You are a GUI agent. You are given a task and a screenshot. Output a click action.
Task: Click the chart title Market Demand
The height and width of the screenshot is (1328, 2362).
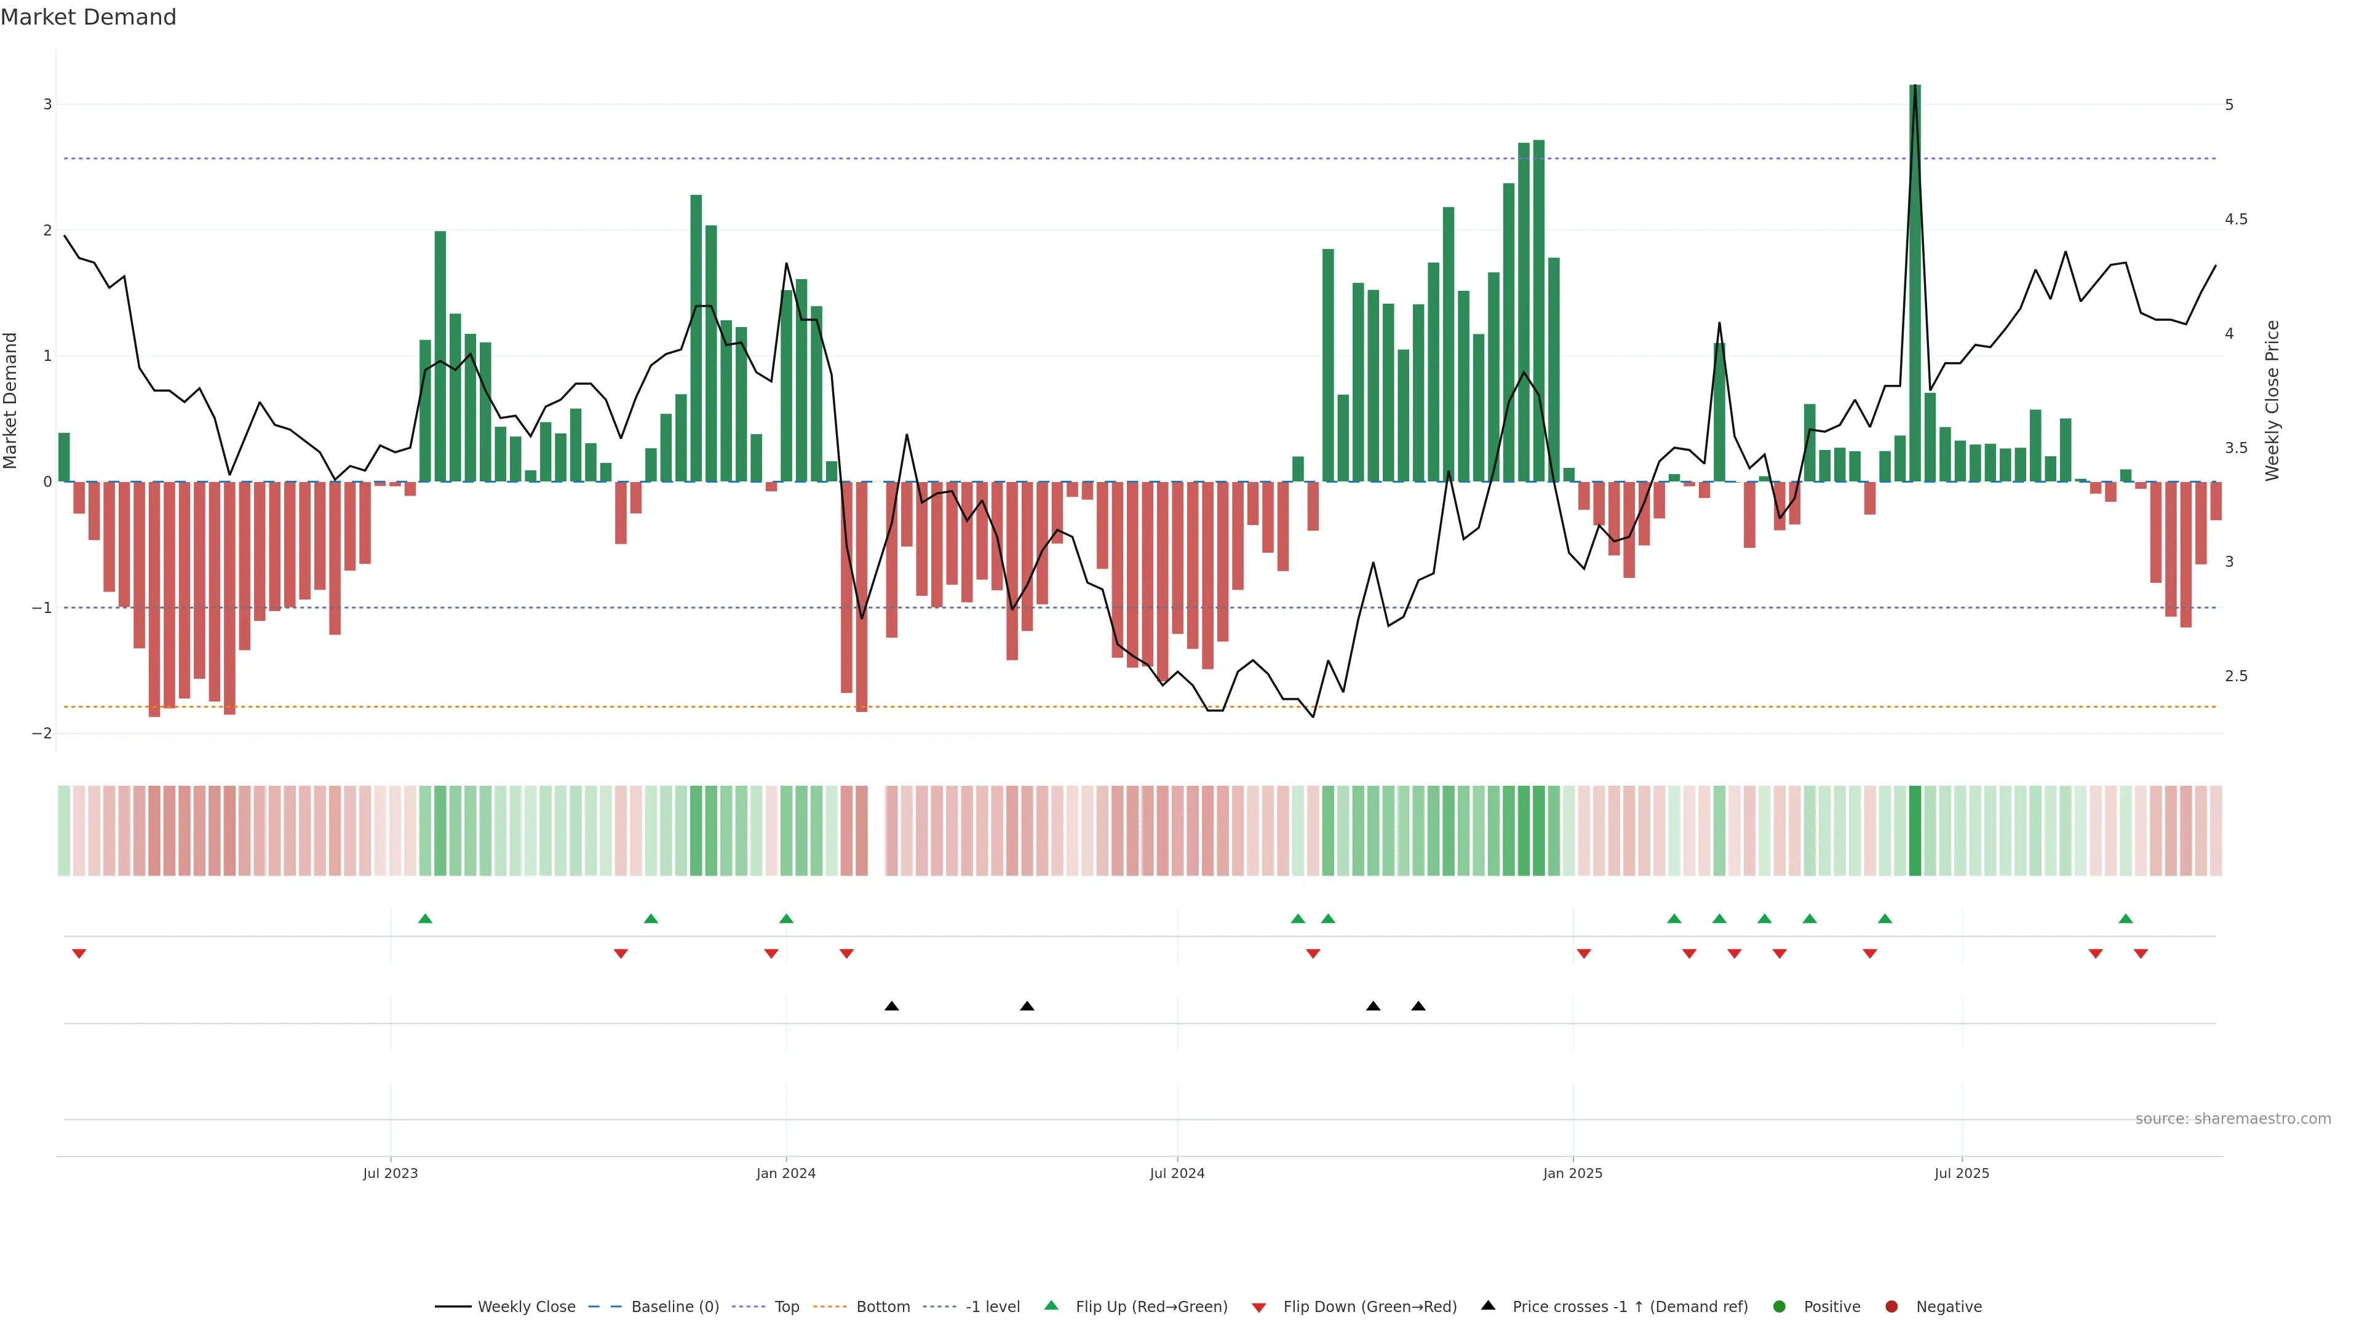pos(88,17)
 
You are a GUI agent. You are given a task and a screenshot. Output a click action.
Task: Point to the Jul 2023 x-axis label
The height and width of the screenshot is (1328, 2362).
pos(390,1173)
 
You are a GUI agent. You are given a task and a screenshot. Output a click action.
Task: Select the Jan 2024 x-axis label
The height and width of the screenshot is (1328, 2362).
pos(786,1173)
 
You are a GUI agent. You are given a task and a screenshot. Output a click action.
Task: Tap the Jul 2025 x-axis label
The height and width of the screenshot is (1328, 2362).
pos(1962,1173)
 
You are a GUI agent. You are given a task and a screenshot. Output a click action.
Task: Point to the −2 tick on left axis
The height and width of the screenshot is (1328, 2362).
pos(42,733)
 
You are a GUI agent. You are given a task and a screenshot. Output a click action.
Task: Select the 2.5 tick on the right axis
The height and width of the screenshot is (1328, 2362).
pos(2235,676)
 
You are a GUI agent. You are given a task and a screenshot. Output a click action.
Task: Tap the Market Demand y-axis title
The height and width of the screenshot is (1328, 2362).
pos(11,400)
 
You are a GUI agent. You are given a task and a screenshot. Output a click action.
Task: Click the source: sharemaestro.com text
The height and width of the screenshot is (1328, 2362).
pos(2233,1119)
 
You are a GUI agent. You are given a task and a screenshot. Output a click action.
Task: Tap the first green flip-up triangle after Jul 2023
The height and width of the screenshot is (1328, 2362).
pos(424,919)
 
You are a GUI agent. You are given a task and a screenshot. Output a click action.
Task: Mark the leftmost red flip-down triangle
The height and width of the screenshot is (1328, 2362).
pos(79,954)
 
